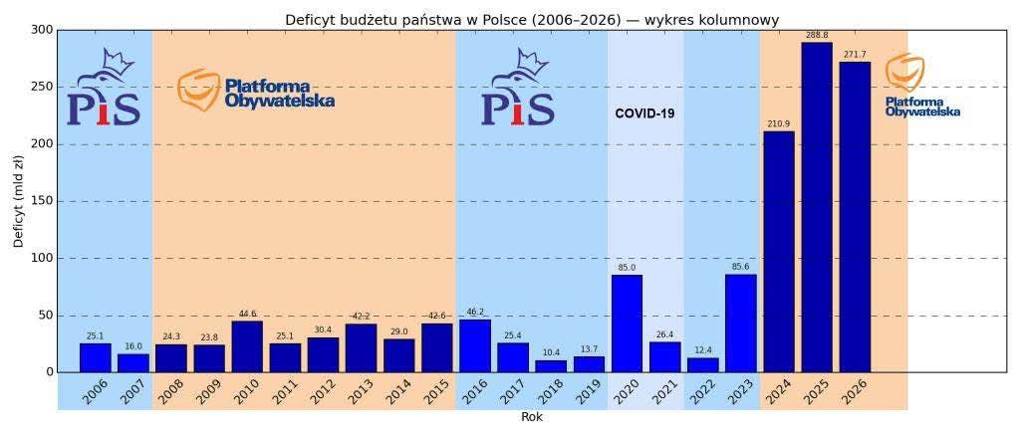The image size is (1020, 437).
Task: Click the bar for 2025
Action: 817,207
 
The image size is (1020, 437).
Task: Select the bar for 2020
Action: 627,324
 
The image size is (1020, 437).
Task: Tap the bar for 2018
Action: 551,366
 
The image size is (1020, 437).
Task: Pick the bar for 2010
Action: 247,346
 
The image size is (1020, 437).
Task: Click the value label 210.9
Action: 779,124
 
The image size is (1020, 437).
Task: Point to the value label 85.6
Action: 741,268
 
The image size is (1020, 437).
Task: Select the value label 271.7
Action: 855,55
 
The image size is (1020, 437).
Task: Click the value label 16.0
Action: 133,346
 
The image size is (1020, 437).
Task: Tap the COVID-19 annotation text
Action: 644,113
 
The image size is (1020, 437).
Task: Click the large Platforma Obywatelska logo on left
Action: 256,91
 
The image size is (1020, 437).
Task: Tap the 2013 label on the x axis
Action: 360,392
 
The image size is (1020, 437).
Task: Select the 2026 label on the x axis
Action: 853,392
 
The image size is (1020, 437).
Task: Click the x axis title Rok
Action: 532,418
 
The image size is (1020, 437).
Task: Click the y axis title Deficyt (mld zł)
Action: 18,201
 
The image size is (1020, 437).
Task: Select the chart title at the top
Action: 532,20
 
